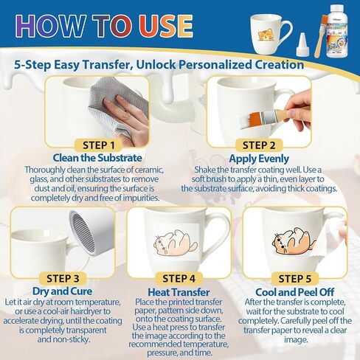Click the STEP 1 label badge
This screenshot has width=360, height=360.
pyautogui.click(x=99, y=145)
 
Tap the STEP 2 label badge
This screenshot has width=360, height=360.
pyautogui.click(x=259, y=145)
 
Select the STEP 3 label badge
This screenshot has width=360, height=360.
pyautogui.click(x=63, y=279)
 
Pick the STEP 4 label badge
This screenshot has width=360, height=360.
pyautogui.click(x=179, y=279)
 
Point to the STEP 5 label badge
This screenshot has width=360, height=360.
pyautogui.click(x=295, y=279)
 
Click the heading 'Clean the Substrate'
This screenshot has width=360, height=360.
pyautogui.click(x=97, y=158)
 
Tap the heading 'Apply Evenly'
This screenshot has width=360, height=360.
pyautogui.click(x=259, y=159)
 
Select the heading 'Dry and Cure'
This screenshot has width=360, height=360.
pyautogui.click(x=63, y=291)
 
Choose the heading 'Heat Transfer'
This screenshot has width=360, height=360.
pyautogui.click(x=179, y=292)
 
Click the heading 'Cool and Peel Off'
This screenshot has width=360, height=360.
pyautogui.click(x=295, y=292)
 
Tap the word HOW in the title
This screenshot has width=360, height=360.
pyautogui.click(x=51, y=26)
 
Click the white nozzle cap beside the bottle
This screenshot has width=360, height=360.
pyautogui.click(x=302, y=44)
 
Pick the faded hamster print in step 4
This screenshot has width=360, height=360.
pyautogui.click(x=176, y=243)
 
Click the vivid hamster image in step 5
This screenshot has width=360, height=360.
pyautogui.click(x=294, y=241)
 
